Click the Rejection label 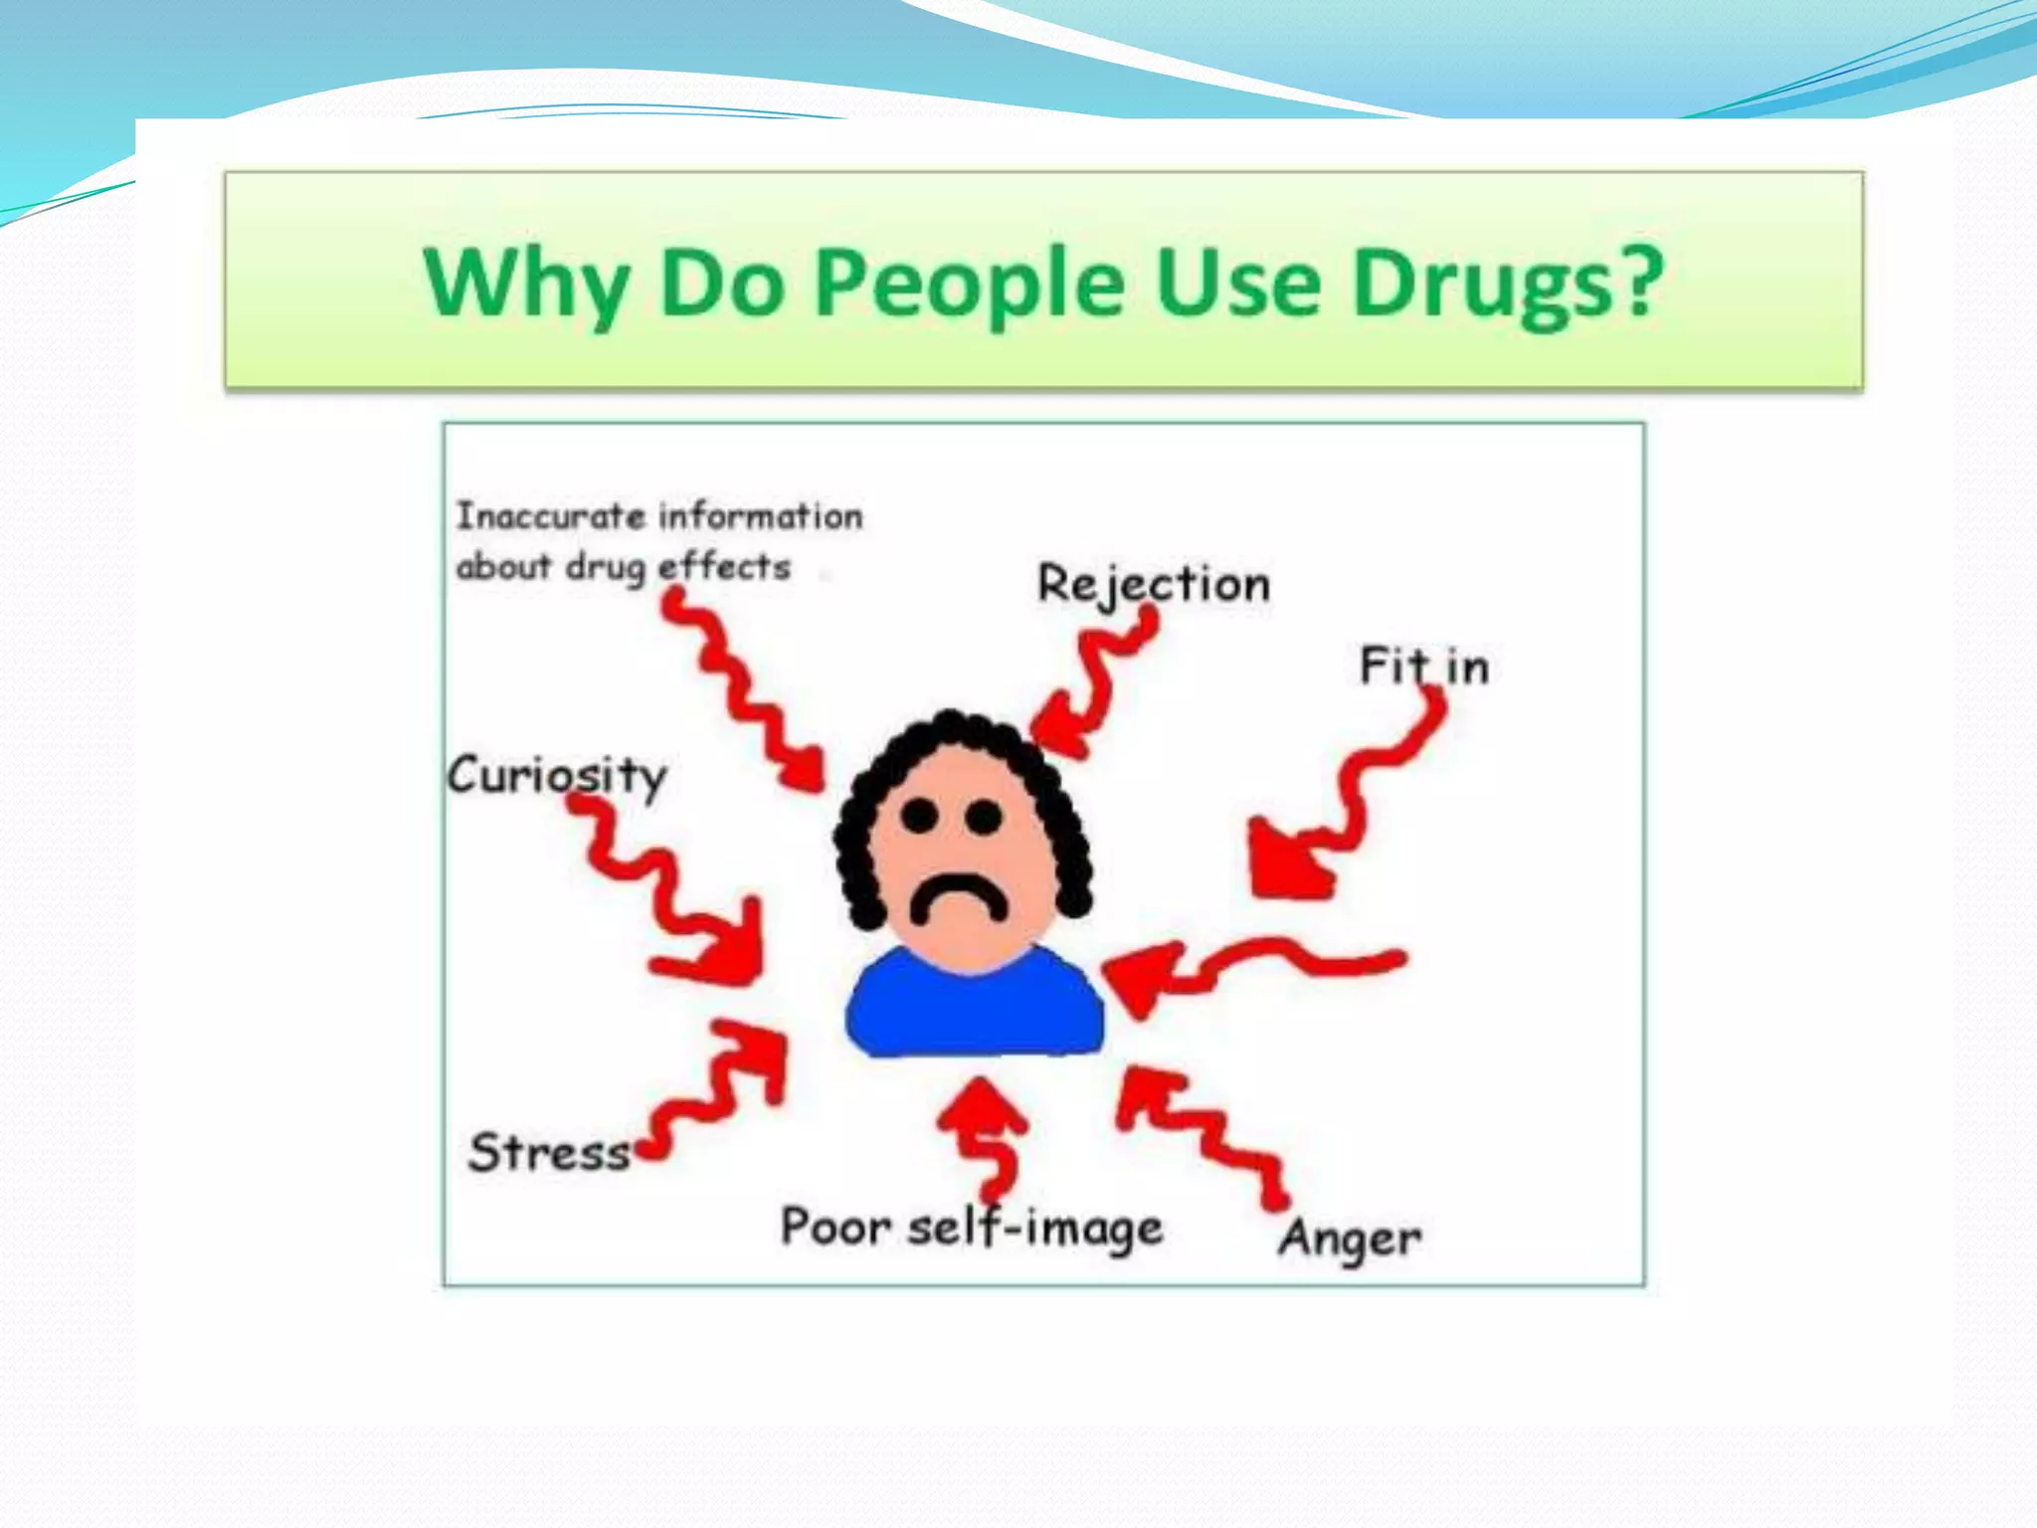coord(1154,584)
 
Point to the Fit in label coord(1424,667)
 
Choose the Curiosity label coord(557,776)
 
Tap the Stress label coord(549,1152)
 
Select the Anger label coord(1350,1240)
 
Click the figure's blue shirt coord(975,1005)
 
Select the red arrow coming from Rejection coord(1094,676)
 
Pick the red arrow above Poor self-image coord(985,1134)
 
